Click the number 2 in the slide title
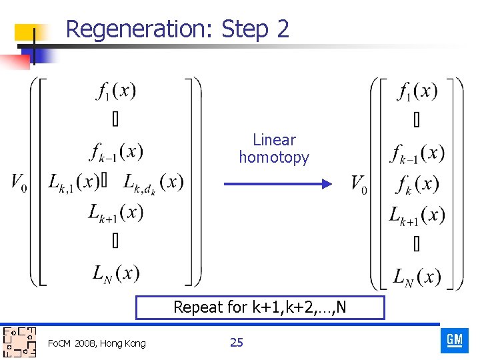coord(282,29)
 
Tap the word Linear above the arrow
coord(274,140)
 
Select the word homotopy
coord(274,158)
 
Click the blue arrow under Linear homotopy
coord(277,183)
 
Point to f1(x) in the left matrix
coord(116,91)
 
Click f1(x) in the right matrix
coord(417,91)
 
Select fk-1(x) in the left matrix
coord(116,152)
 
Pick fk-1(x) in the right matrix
coord(417,153)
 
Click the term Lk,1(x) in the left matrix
coord(74,182)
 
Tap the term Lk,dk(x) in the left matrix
coord(153,183)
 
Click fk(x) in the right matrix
coord(417,184)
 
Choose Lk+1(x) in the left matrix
coord(116,213)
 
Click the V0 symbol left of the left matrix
coord(19,182)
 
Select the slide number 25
coord(236,343)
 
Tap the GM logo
coord(455,341)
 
